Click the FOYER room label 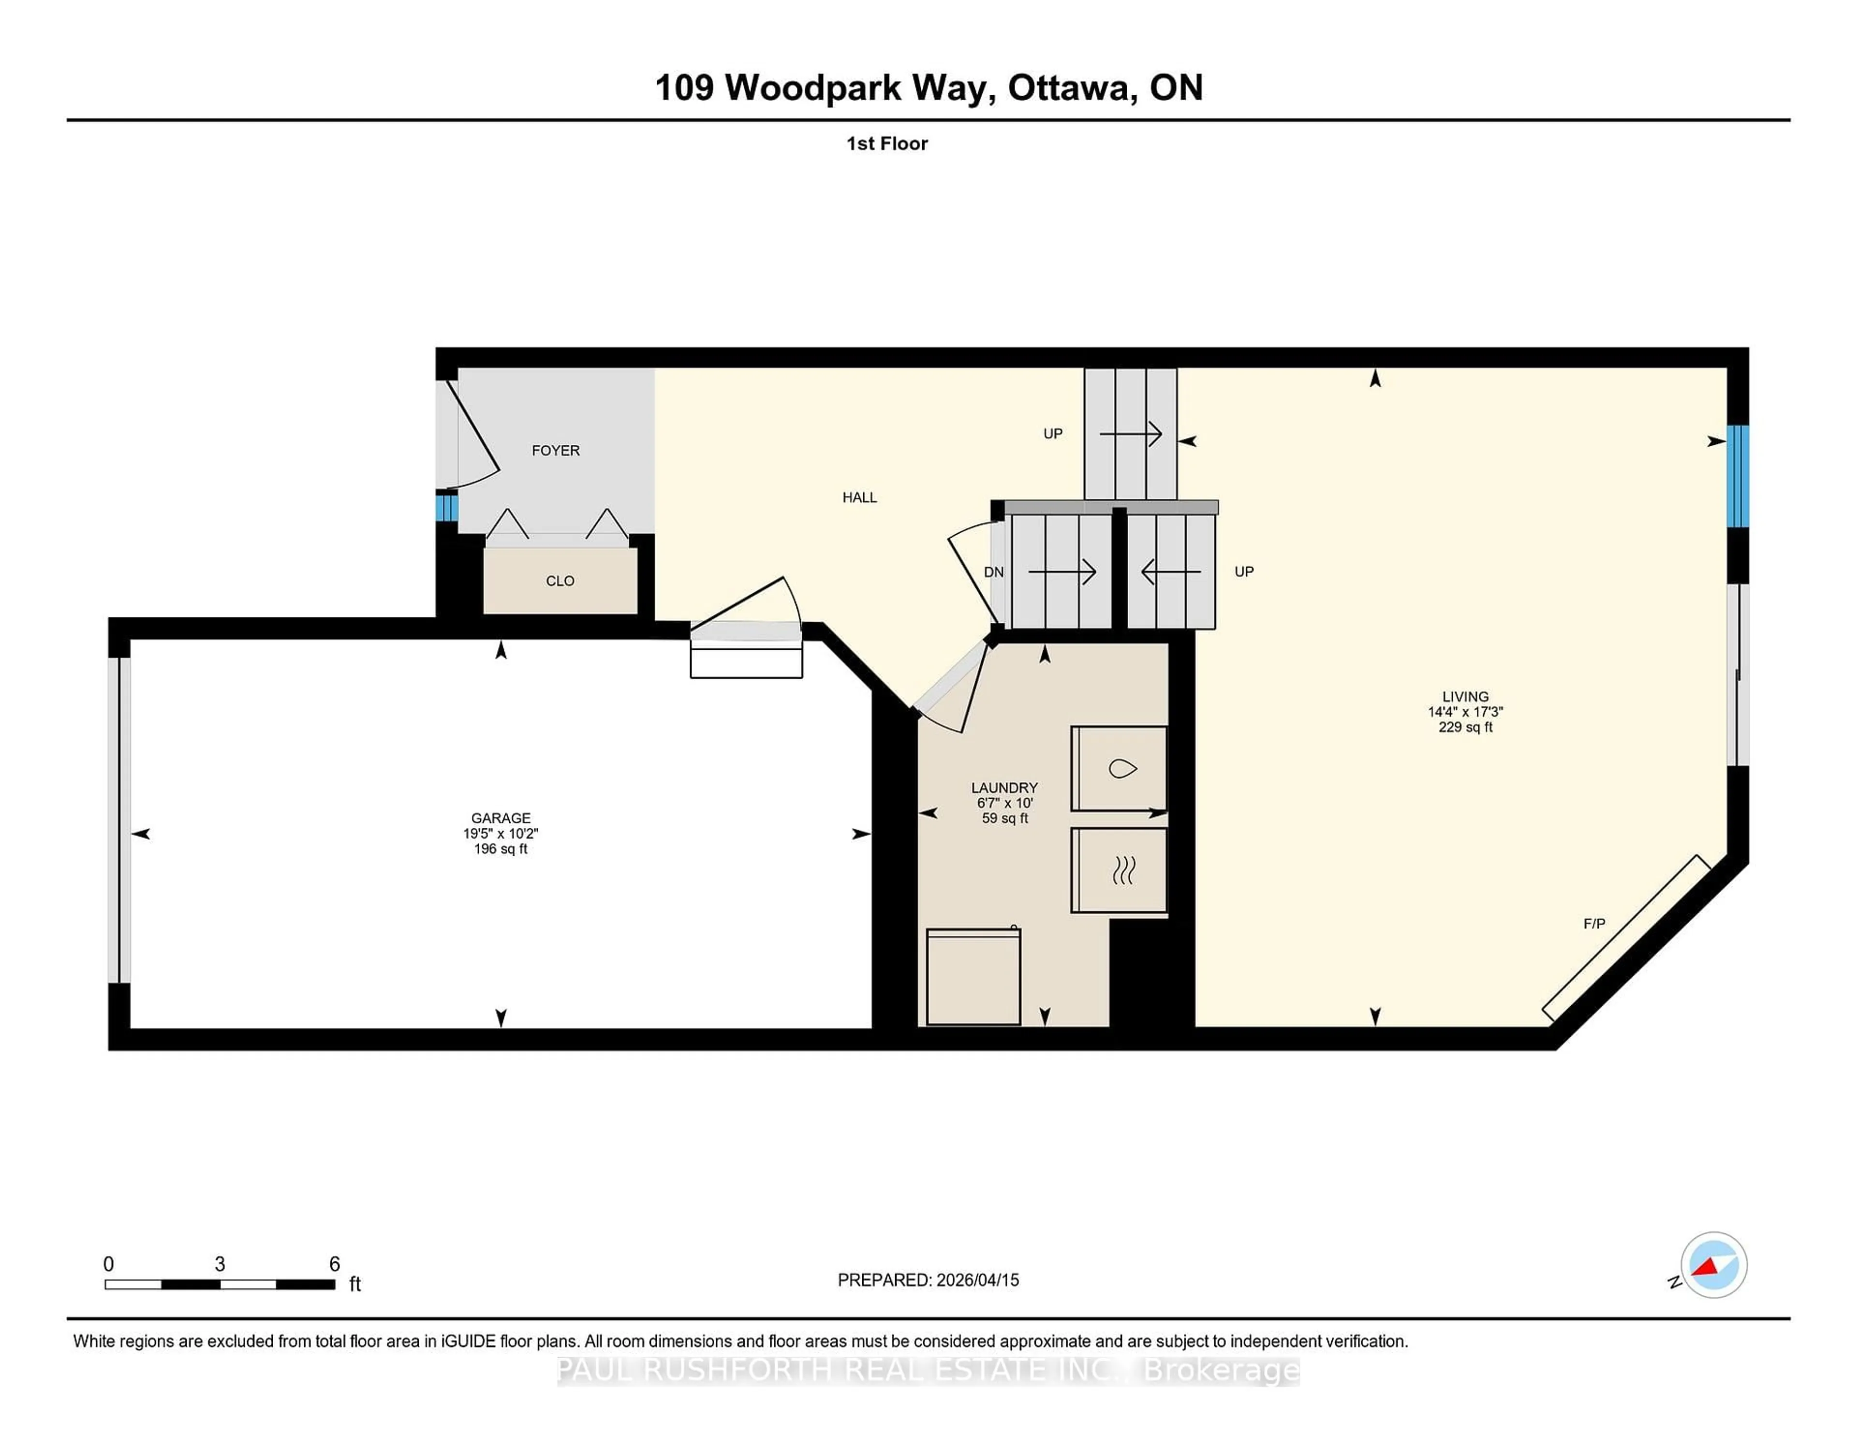coord(555,451)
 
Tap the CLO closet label coord(560,581)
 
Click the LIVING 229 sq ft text coord(1465,728)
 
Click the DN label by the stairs coord(993,572)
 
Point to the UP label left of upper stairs coord(1053,434)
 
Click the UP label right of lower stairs coord(1243,571)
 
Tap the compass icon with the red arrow coord(1713,1265)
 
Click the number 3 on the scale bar coord(220,1264)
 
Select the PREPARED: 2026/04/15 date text coord(928,1280)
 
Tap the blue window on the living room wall coord(1738,476)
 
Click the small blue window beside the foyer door coord(445,508)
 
